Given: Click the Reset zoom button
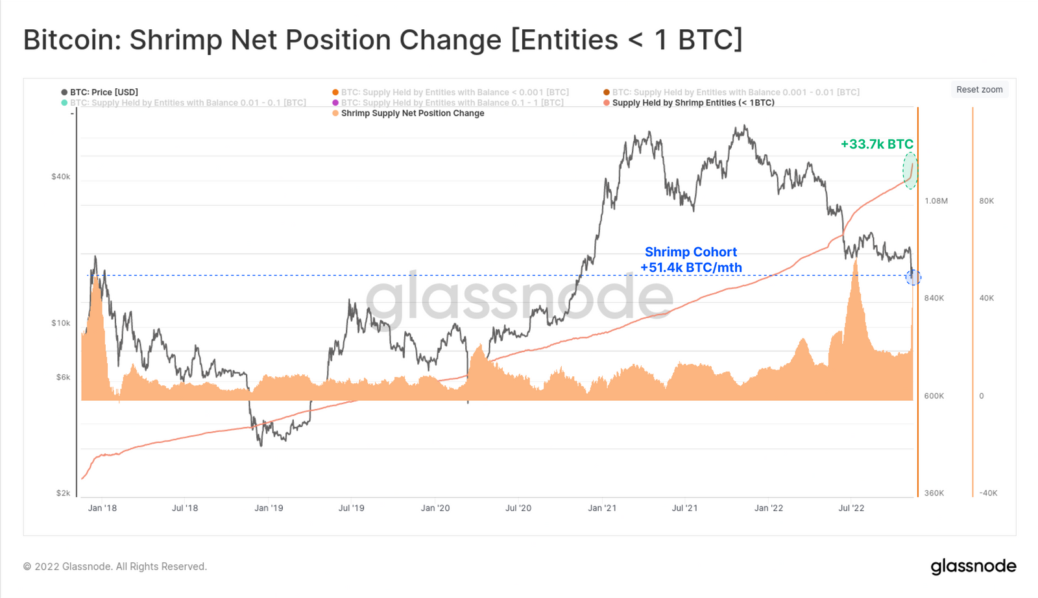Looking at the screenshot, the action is [979, 90].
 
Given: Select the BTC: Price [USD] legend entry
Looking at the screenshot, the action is [100, 92].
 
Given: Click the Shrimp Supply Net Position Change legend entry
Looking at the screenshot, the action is [408, 114].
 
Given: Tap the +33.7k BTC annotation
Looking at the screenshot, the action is [876, 144].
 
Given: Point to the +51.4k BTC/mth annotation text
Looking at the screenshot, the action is [691, 268].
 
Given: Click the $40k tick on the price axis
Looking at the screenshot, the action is [61, 176].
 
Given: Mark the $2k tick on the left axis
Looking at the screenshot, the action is [63, 493].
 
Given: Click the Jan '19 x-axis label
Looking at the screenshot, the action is [269, 508].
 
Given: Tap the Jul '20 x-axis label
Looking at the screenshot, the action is [518, 508].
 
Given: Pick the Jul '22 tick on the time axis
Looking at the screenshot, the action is [851, 508].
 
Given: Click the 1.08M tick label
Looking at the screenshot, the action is [936, 201].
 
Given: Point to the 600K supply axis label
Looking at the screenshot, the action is [934, 396].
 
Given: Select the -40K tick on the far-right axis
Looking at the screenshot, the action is [989, 494].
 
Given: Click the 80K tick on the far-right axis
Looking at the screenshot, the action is [987, 201].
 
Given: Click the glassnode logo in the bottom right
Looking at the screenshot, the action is [974, 566].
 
